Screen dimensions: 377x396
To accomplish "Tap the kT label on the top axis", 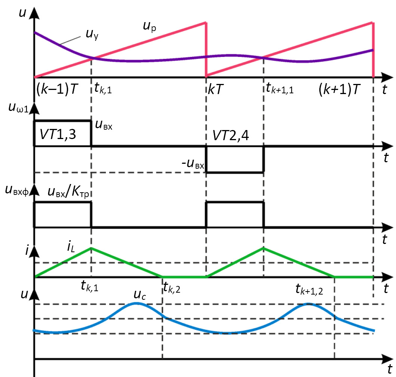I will [x=217, y=90].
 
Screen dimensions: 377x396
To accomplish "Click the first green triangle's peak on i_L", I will [x=91, y=248].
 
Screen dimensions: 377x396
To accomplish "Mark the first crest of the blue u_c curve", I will [x=135, y=302].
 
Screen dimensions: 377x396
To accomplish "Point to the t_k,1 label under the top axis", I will [x=102, y=90].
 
